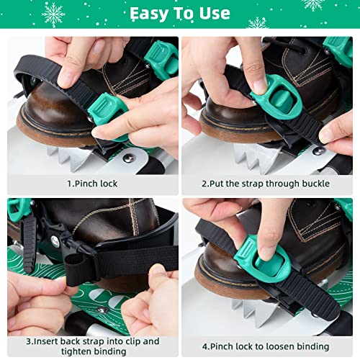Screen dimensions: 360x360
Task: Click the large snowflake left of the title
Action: tap(53, 14)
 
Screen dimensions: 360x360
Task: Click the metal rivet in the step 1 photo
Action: tap(128, 157)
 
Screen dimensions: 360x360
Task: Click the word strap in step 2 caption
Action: tap(256, 184)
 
